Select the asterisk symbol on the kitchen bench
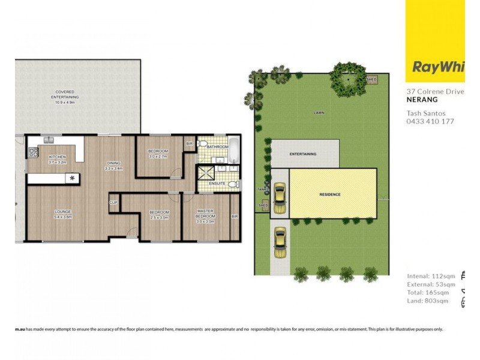[x=73, y=178]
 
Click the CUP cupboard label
[x=113, y=203]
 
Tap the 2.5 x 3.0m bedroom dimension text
[x=159, y=217]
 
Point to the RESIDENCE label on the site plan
[x=329, y=194]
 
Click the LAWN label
[x=319, y=112]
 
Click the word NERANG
[x=421, y=101]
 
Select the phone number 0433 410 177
[x=430, y=121]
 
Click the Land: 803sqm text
[x=428, y=301]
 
